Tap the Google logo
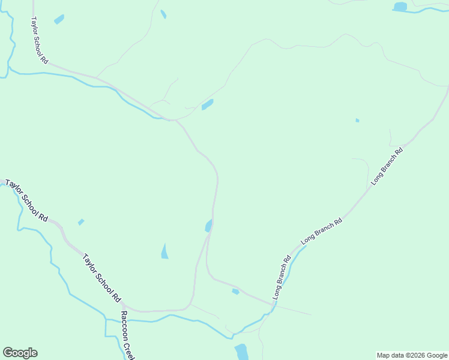tap(20, 353)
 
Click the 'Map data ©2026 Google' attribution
tap(412, 355)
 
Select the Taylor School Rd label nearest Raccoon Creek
tap(102, 277)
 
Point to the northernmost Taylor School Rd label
tap(39, 40)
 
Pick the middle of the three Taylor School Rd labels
tap(26, 200)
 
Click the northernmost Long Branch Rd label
tap(387, 165)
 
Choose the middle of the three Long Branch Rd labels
tap(321, 230)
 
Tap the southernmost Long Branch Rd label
tap(281, 277)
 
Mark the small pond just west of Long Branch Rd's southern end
tap(235, 292)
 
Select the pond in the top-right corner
tap(400, 7)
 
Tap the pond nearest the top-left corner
tap(59, 19)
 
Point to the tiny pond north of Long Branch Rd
tap(357, 121)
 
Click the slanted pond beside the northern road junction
tap(208, 104)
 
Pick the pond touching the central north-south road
tap(209, 226)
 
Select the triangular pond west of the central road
tap(164, 251)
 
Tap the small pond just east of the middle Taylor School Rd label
tap(81, 222)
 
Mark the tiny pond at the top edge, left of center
tap(163, 14)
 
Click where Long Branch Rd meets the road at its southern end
tap(274, 305)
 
